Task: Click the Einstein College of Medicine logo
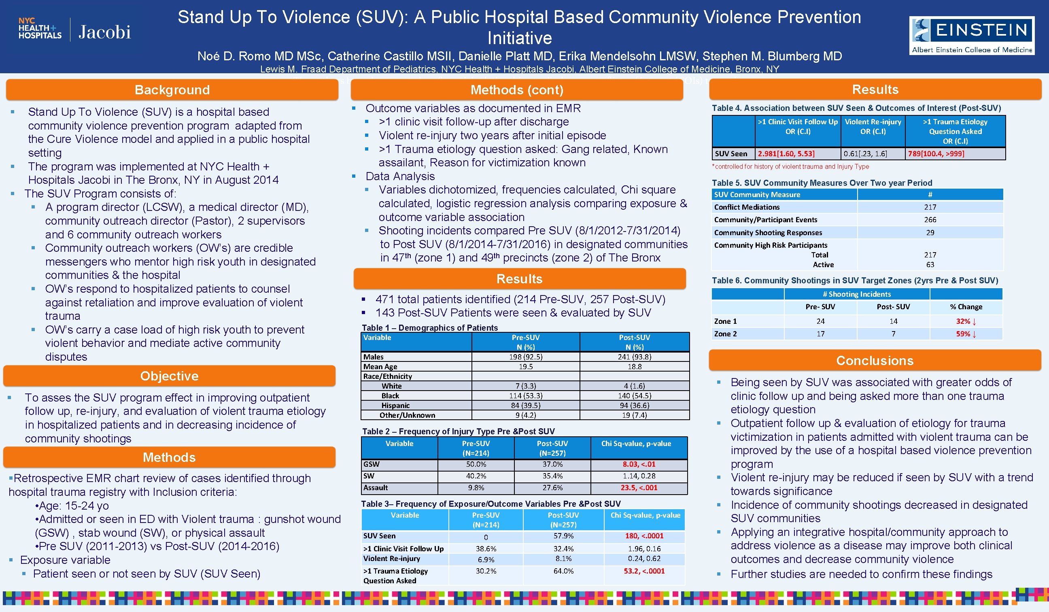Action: (x=971, y=35)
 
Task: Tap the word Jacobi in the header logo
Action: (x=104, y=32)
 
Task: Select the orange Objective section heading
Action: (x=169, y=376)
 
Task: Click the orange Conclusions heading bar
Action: (x=875, y=361)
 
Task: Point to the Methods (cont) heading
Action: (x=516, y=90)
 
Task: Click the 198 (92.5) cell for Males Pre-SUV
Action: (x=525, y=357)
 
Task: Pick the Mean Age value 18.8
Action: (x=635, y=367)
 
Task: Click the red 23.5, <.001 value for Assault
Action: (x=639, y=487)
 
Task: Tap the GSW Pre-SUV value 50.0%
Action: (x=476, y=464)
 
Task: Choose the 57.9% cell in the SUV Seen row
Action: (x=563, y=536)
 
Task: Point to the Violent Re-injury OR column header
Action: (x=873, y=127)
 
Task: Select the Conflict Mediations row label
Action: (x=747, y=207)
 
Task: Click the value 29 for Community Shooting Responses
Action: (x=930, y=233)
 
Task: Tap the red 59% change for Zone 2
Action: (x=965, y=334)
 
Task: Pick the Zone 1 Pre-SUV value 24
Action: (x=820, y=321)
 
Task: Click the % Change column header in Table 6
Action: (x=965, y=307)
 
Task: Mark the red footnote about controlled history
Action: (x=790, y=166)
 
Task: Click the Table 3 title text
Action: (x=491, y=504)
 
